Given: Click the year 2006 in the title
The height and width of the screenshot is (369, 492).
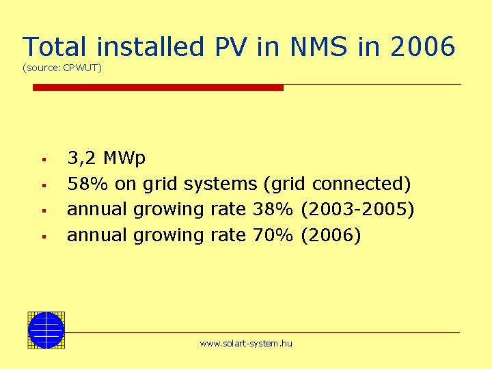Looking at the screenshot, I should coord(423,47).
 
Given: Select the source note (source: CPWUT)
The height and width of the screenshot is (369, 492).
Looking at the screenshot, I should coord(62,68).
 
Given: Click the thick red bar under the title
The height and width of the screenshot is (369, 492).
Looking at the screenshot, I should coord(158,87).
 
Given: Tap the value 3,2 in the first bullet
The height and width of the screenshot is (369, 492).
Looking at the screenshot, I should coord(81,159).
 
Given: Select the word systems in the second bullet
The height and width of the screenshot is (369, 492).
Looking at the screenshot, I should coord(223,184).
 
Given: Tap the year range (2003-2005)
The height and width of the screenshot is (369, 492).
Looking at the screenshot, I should coord(357,209).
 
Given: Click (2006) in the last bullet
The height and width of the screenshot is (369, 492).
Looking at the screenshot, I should coord(330,235).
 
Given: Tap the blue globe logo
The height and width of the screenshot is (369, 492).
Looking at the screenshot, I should coord(46,330).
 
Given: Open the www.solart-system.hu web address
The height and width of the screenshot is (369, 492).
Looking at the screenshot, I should coord(246,344).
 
